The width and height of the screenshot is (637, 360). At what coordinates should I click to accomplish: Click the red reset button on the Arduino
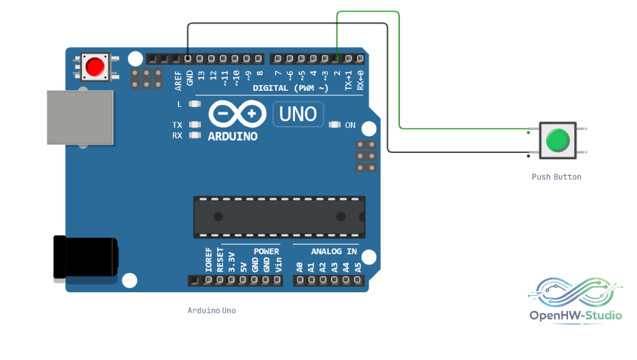tap(95, 67)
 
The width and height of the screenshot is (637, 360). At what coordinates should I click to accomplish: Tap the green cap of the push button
tap(558, 141)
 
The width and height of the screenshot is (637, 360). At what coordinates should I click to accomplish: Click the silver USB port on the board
tap(80, 118)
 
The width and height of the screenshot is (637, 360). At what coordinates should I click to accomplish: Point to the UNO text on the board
tap(298, 114)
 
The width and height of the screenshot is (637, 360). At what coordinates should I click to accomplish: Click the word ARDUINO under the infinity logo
tap(233, 136)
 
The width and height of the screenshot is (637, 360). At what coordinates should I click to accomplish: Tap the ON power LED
tap(334, 124)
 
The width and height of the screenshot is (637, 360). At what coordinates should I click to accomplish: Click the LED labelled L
tap(195, 104)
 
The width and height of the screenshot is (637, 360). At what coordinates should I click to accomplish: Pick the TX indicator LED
tap(195, 124)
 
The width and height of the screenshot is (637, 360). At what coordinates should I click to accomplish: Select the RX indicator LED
tap(195, 135)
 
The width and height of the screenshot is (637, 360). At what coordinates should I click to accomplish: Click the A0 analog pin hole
tap(300, 280)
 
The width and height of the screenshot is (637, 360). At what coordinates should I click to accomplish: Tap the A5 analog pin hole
tap(358, 280)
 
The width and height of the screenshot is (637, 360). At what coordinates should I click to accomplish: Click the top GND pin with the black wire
tap(188, 59)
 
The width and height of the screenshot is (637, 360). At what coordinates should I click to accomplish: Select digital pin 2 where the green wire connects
tap(336, 59)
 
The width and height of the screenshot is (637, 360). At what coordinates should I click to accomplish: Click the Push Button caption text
tap(557, 177)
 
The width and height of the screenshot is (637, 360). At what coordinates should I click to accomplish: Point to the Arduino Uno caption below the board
tap(212, 310)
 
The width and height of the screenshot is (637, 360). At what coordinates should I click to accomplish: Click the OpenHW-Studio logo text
tap(575, 315)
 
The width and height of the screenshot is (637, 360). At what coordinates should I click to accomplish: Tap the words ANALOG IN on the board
tap(334, 252)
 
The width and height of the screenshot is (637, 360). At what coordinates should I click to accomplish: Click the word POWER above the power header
tap(266, 252)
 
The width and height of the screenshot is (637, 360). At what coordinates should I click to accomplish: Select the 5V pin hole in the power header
tap(243, 280)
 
